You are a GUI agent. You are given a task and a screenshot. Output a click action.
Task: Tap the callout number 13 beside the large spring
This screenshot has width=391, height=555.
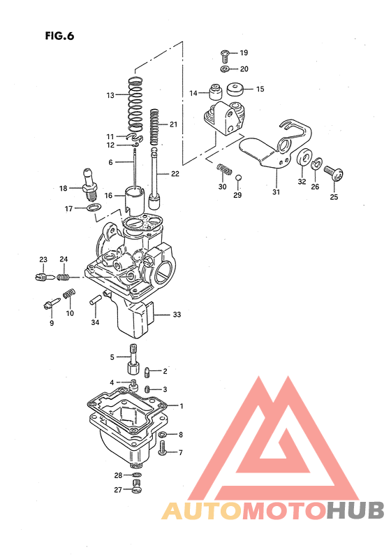(110, 95)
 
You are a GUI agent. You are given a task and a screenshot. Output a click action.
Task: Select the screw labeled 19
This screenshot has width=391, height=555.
(224, 54)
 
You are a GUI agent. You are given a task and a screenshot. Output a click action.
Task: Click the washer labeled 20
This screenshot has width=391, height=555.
(224, 69)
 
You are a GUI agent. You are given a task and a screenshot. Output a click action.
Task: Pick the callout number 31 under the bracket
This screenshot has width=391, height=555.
(275, 192)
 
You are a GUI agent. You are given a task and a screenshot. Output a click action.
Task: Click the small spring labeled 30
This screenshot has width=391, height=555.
(223, 168)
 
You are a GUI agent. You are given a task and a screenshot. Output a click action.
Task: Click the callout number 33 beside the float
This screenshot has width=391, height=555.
(177, 315)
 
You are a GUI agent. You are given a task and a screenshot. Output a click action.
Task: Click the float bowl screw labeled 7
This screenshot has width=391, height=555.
(163, 452)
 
